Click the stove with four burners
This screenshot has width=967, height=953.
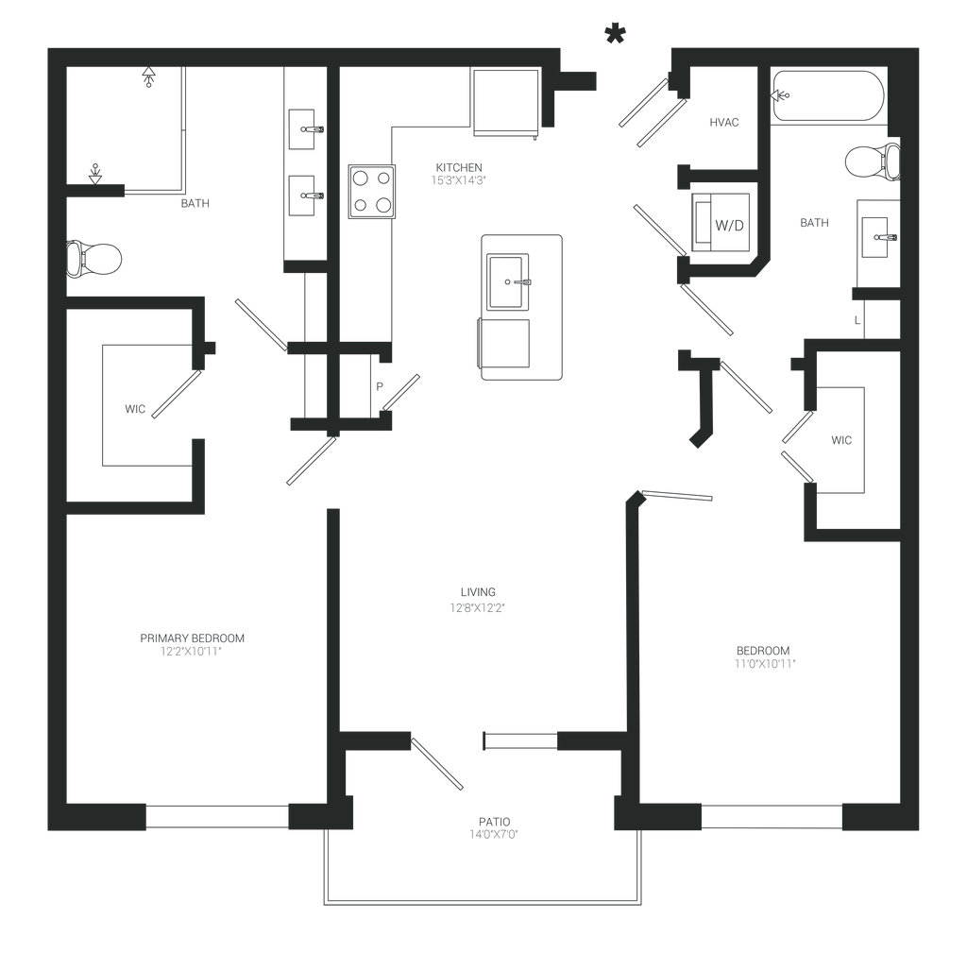(371, 192)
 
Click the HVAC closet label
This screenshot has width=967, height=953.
(725, 123)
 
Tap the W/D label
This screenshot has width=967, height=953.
(730, 227)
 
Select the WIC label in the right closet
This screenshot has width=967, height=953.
(841, 440)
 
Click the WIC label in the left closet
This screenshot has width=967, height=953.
(134, 409)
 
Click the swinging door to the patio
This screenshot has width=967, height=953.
(437, 761)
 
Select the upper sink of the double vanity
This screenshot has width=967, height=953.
(307, 128)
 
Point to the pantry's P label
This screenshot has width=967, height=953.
(381, 384)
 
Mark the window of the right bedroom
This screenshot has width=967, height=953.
(772, 816)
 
